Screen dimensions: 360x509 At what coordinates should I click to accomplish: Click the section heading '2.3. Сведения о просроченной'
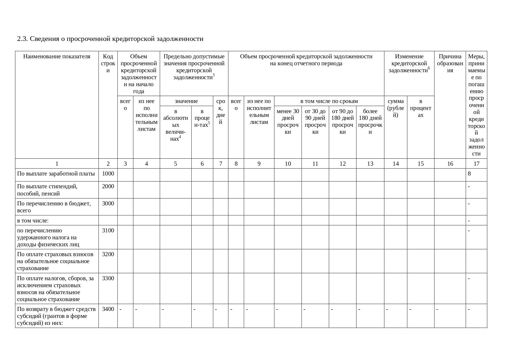coord(110,39)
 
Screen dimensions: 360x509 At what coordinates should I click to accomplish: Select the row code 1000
coord(108,174)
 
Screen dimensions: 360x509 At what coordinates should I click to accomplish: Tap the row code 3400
coord(108,309)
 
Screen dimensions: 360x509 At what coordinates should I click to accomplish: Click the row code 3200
coord(108,254)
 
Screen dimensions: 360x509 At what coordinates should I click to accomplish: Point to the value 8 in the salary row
coord(469,174)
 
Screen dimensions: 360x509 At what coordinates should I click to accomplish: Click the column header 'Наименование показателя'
coord(57,57)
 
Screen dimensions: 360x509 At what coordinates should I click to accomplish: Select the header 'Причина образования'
coord(450,64)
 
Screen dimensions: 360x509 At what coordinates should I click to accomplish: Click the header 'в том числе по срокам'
coord(329,101)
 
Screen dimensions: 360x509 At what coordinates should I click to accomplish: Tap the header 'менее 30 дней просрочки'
coord(288,122)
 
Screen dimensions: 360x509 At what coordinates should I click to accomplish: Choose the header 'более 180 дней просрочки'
coord(370,122)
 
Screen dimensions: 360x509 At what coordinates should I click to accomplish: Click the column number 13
coord(370,164)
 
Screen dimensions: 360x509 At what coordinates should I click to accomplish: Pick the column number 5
coord(175,164)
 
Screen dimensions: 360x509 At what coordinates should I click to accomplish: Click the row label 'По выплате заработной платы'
coord(56,174)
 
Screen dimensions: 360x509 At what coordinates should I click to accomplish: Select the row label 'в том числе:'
coord(33,221)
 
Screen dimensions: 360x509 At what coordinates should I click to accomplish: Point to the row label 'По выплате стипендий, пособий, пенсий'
coord(47,190)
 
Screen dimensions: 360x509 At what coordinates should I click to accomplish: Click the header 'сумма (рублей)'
coord(396,108)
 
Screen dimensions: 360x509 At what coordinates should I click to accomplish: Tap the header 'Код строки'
coord(108,64)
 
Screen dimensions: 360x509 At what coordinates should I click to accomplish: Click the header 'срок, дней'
coord(220,112)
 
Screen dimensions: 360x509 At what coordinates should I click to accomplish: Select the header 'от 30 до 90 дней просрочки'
coord(315,122)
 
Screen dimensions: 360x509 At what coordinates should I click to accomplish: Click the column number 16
coord(450,164)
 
